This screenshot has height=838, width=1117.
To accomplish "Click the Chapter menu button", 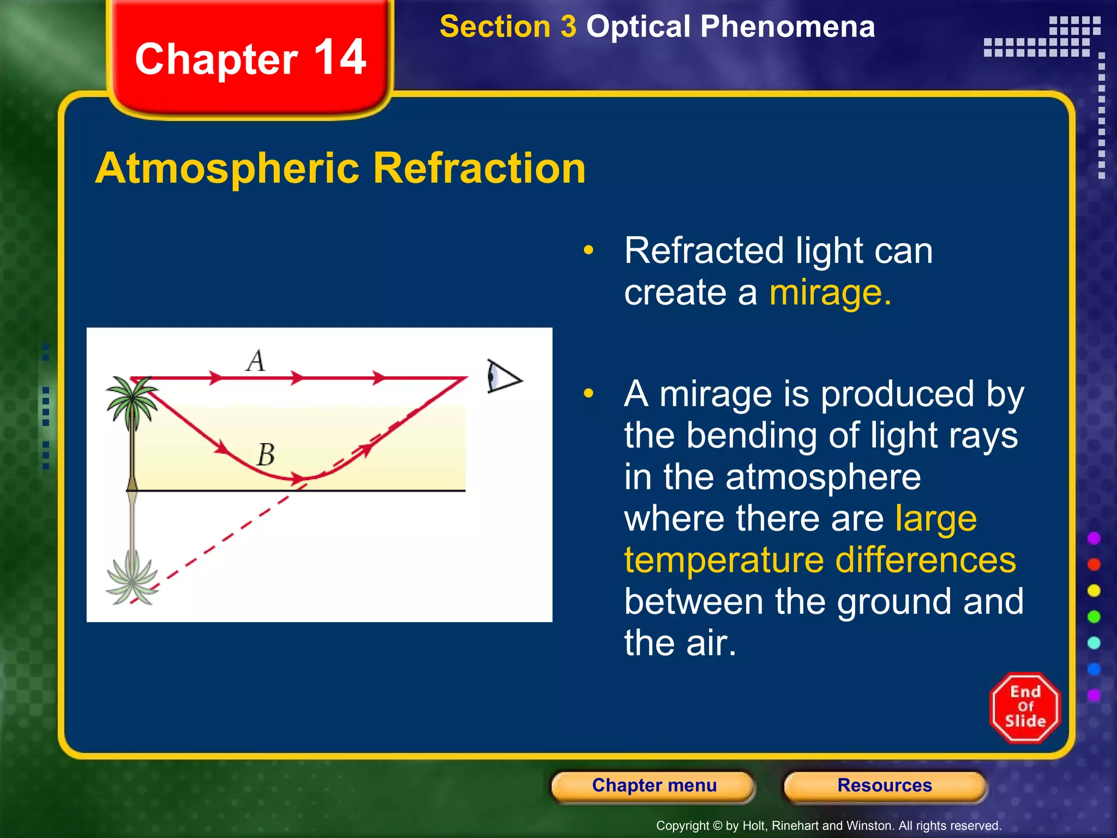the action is [x=653, y=786].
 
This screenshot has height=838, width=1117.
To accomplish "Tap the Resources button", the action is [x=884, y=786].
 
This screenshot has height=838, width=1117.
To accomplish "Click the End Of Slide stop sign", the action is [x=1025, y=707].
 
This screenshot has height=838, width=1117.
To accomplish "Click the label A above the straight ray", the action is [x=256, y=361].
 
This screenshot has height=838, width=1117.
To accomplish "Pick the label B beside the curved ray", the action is [x=266, y=454].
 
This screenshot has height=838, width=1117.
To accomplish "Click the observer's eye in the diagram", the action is [x=503, y=376].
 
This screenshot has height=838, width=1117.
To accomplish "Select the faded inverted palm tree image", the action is [x=132, y=578].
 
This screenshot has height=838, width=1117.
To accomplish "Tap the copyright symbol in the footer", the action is [x=717, y=825].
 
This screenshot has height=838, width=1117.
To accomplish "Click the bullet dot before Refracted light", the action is [x=588, y=250].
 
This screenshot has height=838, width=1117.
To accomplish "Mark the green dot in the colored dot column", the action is [x=1094, y=616].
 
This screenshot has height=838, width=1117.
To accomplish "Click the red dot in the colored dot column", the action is [x=1094, y=564].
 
